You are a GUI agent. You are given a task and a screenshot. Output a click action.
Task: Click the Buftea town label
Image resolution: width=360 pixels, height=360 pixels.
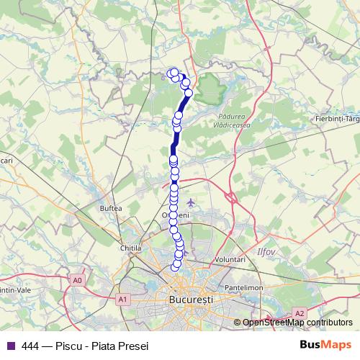click(111, 207)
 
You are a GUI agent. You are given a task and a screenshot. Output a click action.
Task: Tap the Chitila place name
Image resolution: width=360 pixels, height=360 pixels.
click(130, 248)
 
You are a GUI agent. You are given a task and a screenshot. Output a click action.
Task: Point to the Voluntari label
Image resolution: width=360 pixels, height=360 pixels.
click(230, 259)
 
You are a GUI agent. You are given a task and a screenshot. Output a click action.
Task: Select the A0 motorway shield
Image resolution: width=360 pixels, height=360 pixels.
click(78, 279)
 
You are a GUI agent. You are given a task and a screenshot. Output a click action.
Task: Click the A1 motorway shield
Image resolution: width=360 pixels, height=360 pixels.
click(123, 298)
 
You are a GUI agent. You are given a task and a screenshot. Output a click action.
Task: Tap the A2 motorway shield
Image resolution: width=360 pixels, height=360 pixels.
click(300, 313)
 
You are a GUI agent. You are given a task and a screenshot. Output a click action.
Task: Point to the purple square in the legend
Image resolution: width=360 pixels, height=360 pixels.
click(9, 345)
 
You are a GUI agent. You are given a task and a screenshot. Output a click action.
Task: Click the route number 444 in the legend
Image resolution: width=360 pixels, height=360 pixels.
click(31, 345)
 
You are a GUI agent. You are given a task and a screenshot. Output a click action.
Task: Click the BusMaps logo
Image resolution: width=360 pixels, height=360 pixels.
click(325, 344)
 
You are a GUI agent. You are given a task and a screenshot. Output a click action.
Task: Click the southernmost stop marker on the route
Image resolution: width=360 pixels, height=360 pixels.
click(174, 267)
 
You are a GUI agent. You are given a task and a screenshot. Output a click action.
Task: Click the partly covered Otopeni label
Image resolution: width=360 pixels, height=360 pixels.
click(180, 215)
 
